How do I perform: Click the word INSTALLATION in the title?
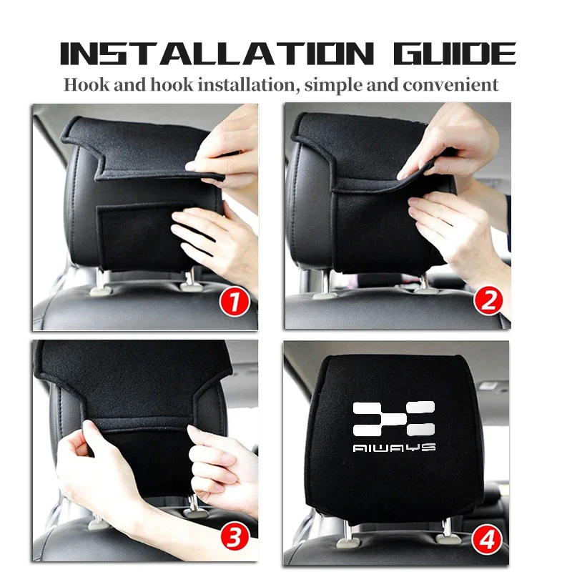coord(217,54)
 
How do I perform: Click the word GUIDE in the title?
coord(455,54)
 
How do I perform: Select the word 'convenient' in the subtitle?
coord(450,85)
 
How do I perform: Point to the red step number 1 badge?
coord(235,302)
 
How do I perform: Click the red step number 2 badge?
coord(488,301)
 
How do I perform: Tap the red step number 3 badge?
coord(235,537)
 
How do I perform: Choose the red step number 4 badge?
coord(487,539)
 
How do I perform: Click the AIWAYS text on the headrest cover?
coord(394,448)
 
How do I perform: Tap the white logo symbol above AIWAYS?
coord(394,418)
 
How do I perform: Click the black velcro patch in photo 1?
coord(146,237)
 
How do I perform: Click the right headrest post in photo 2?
coord(424,285)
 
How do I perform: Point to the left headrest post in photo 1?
coord(100,282)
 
